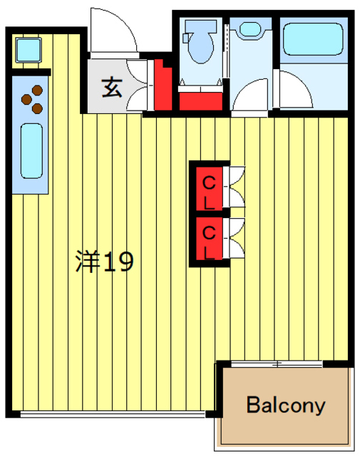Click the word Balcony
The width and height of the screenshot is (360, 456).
286,406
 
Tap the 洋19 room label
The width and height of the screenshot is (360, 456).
105,262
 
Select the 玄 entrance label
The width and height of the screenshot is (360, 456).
111,88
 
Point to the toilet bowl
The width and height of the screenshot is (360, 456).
198,42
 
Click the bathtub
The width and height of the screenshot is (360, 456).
312,41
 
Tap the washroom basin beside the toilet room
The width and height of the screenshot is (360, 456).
250,29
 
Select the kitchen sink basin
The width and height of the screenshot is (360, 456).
31,150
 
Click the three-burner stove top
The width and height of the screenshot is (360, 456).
33,100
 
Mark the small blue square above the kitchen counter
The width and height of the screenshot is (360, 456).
29,50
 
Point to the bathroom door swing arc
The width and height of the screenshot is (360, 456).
293,91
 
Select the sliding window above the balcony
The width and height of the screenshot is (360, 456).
278,364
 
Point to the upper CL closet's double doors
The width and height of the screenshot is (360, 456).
235,187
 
